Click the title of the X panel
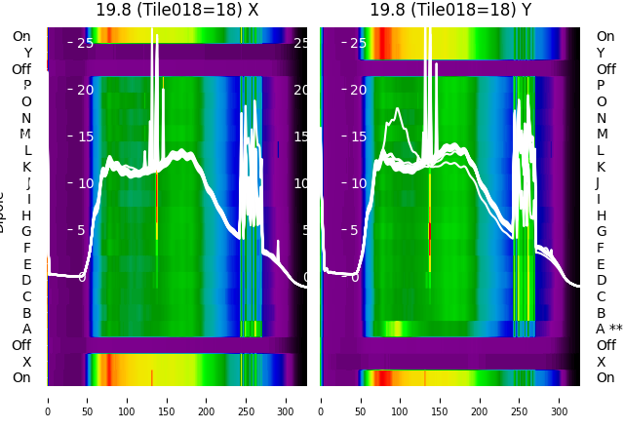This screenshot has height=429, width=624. pyautogui.click(x=177, y=10)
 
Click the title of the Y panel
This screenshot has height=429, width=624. pyautogui.click(x=450, y=10)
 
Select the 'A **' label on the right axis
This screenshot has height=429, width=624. pyautogui.click(x=608, y=329)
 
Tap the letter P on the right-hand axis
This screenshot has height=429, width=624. pyautogui.click(x=601, y=85)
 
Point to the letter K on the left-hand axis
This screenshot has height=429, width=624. pyautogui.click(x=27, y=167)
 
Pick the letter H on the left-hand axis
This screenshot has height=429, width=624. pyautogui.click(x=27, y=215)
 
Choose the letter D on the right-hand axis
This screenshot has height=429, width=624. pyautogui.click(x=601, y=280)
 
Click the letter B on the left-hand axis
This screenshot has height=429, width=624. pyautogui.click(x=27, y=313)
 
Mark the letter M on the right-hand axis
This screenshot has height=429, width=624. pyautogui.click(x=602, y=134)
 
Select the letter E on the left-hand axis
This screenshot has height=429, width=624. pyautogui.click(x=27, y=264)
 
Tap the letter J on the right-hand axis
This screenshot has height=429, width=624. pyautogui.click(x=598, y=182)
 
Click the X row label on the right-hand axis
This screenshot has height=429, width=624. pyautogui.click(x=601, y=362)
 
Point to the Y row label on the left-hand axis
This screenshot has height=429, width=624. pyautogui.click(x=27, y=53)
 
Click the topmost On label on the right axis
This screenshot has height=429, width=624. pyautogui.click(x=605, y=36)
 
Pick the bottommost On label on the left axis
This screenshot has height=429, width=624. pyautogui.click(x=21, y=377)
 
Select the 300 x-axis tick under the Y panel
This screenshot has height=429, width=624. pyautogui.click(x=560, y=399)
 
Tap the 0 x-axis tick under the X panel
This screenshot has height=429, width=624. pyautogui.click(x=48, y=399)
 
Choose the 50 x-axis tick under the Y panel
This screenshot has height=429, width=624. pyautogui.click(x=361, y=399)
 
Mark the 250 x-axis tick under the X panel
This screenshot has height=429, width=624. pyautogui.click(x=247, y=399)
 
